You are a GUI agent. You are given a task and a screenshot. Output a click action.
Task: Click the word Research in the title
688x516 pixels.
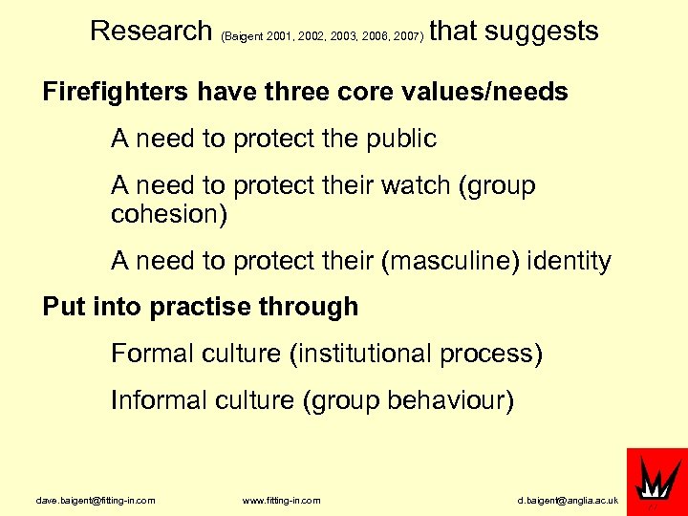coord(151,31)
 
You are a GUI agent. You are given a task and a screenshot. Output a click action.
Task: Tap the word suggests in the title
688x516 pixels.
coord(542,32)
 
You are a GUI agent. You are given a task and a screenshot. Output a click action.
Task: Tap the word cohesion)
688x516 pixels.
coord(169,213)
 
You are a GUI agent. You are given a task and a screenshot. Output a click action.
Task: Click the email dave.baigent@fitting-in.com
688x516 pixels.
coord(95,501)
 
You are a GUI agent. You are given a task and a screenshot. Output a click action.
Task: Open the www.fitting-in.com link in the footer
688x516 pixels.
coord(281,501)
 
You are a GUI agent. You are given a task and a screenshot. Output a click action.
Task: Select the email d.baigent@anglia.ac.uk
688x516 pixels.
coord(568,501)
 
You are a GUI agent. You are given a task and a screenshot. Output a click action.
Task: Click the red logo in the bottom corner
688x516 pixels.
coord(656,481)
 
